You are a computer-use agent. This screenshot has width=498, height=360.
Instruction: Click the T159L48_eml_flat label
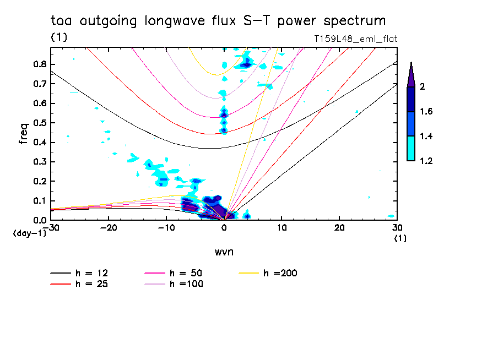click(x=355, y=39)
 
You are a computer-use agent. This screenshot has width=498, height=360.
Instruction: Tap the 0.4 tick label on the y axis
click(x=39, y=143)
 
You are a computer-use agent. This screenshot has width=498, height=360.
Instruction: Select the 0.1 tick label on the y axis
click(x=39, y=201)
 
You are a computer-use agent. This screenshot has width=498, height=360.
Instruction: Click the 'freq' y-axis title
click(x=24, y=133)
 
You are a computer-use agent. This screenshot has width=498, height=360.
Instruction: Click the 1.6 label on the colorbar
click(x=426, y=112)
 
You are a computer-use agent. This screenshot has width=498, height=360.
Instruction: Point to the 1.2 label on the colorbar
click(x=426, y=161)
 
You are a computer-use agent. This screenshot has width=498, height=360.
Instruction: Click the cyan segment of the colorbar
click(x=411, y=149)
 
